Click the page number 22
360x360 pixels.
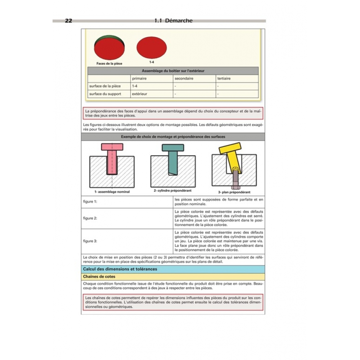tap(68, 21)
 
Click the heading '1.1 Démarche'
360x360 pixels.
tap(174, 21)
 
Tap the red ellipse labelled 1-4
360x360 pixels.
tap(152, 48)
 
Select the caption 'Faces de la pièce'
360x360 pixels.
tap(109, 64)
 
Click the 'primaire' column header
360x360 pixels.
tap(139, 78)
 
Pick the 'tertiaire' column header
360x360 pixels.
tap(224, 78)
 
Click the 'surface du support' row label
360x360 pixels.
tap(105, 94)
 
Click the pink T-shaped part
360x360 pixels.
tap(112, 158)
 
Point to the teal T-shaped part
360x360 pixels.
tap(173, 158)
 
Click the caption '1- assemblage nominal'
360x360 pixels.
tap(112, 192)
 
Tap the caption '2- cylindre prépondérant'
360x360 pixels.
tap(172, 190)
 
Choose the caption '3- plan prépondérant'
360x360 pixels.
tap(234, 192)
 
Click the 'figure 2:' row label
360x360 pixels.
tap(90, 218)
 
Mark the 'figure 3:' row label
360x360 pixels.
tap(90, 241)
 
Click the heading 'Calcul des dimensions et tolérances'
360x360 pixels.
tap(120, 269)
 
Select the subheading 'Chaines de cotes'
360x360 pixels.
tap(99, 276)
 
